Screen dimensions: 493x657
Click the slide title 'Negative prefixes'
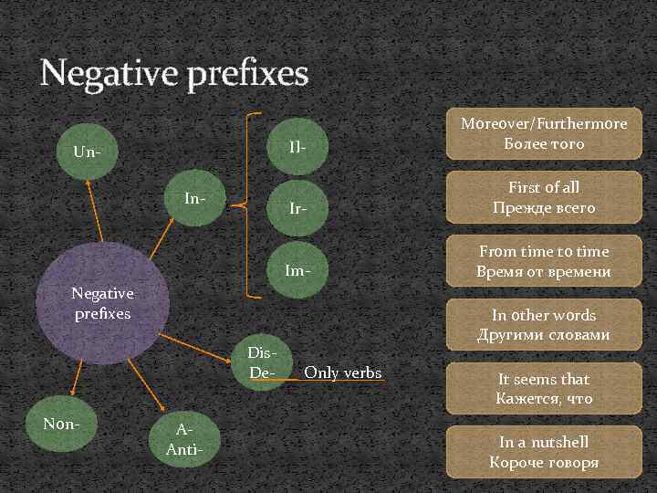click(x=174, y=74)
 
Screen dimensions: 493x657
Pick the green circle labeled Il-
click(x=297, y=146)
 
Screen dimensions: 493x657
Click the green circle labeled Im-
click(x=297, y=271)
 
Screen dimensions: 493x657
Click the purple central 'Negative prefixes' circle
click(x=102, y=302)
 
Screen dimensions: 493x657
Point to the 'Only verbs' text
click(x=342, y=372)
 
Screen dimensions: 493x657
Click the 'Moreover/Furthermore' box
click(x=543, y=133)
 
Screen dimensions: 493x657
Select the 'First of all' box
click(x=543, y=197)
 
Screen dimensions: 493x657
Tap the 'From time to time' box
click(x=543, y=261)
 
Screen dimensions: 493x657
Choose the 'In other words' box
click(x=543, y=325)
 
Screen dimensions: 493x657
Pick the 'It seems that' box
click(x=543, y=389)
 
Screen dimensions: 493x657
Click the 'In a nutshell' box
click(x=543, y=452)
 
